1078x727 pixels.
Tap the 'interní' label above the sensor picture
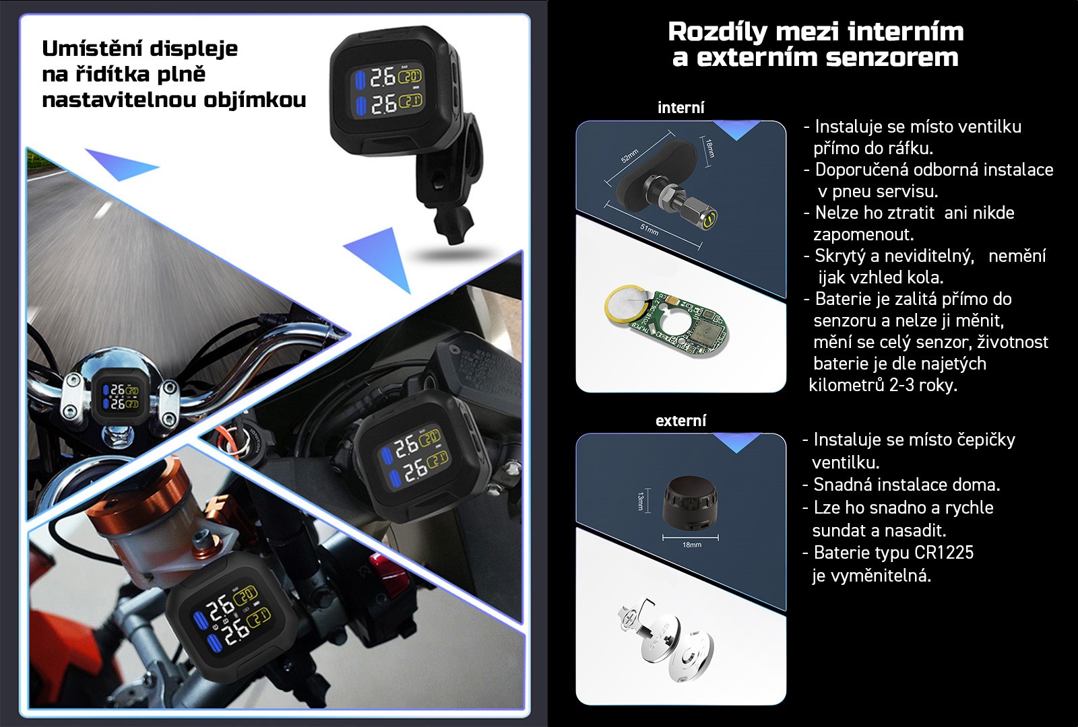point(681,108)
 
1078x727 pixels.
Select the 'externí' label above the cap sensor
point(681,421)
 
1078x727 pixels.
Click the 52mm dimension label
point(630,155)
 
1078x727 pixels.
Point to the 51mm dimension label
point(649,230)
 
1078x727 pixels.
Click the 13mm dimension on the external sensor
point(641,501)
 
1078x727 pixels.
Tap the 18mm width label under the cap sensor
point(691,545)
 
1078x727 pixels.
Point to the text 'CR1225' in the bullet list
point(944,553)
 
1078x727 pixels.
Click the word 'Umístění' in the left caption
point(92,48)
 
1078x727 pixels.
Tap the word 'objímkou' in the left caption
point(255,100)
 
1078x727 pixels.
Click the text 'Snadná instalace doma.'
point(907,485)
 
